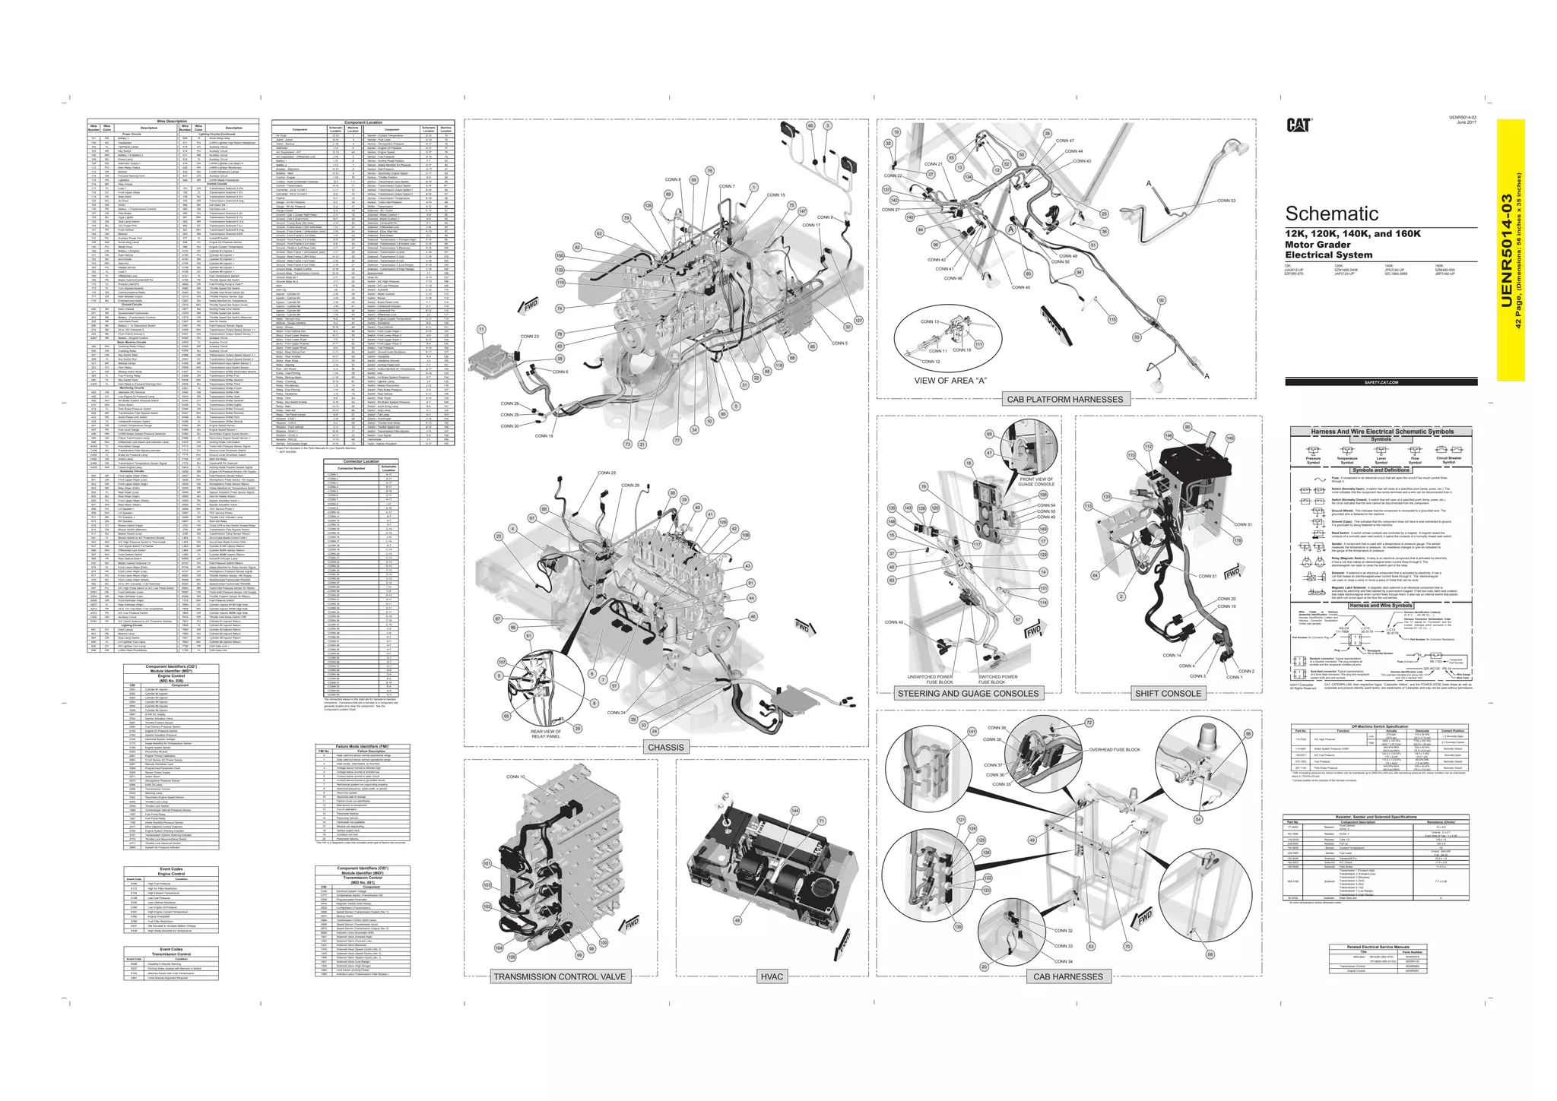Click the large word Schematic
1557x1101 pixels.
(x=1331, y=214)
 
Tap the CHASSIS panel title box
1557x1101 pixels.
(x=666, y=747)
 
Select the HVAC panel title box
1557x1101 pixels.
(x=772, y=976)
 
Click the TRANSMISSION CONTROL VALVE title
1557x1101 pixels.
(x=560, y=976)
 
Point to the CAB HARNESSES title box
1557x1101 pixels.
(x=1067, y=976)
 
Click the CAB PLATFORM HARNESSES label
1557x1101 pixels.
(x=1064, y=399)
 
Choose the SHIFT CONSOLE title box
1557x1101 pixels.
(x=1168, y=693)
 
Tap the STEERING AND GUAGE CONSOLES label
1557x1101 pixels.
(x=967, y=693)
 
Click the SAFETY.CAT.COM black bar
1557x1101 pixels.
(x=1381, y=382)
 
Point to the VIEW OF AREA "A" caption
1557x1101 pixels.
(x=950, y=381)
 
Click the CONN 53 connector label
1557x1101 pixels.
(x=1226, y=201)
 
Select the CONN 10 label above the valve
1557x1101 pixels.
(x=515, y=777)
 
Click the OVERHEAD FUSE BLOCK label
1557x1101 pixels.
(x=1115, y=750)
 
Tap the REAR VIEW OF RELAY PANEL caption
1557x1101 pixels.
(x=545, y=734)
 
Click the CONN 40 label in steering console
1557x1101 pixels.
(x=894, y=622)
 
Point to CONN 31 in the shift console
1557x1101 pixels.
(x=1243, y=524)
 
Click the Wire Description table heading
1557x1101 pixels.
(x=172, y=122)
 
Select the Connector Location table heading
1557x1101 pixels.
(x=361, y=461)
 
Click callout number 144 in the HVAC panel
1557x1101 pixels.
(x=795, y=811)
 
